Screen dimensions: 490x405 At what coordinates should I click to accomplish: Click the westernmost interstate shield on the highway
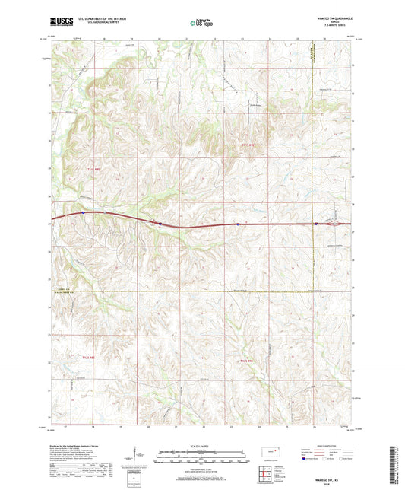82,213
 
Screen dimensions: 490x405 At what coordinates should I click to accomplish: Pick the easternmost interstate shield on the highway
315,224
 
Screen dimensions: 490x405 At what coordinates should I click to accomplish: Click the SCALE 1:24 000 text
201,446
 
